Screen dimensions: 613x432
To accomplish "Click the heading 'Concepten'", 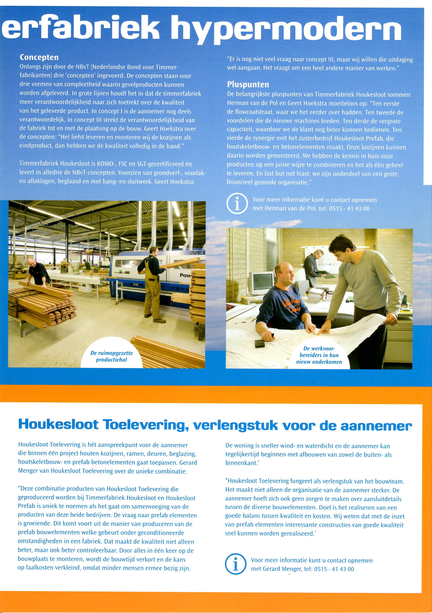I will coord(39,57).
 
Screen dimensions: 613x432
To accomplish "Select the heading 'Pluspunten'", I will coord(248,85).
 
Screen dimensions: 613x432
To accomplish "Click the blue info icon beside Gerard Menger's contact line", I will coord(235,564).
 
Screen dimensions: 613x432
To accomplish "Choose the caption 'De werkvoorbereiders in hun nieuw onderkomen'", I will coord(319,355).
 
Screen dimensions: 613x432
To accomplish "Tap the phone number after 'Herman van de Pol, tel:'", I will coord(349,209).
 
